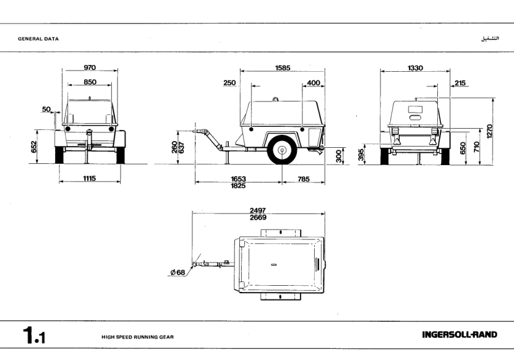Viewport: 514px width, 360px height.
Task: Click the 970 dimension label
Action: tap(90, 67)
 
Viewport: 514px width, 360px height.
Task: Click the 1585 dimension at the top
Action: tap(284, 67)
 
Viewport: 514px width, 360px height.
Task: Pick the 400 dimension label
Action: tap(313, 82)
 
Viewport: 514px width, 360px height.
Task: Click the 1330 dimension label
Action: tap(415, 67)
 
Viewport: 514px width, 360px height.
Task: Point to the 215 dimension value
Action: tap(460, 82)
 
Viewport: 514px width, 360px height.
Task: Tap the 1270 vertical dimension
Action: tap(490, 130)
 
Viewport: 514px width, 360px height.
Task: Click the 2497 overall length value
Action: tap(258, 210)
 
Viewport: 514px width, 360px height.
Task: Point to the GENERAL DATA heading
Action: tap(38, 38)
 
